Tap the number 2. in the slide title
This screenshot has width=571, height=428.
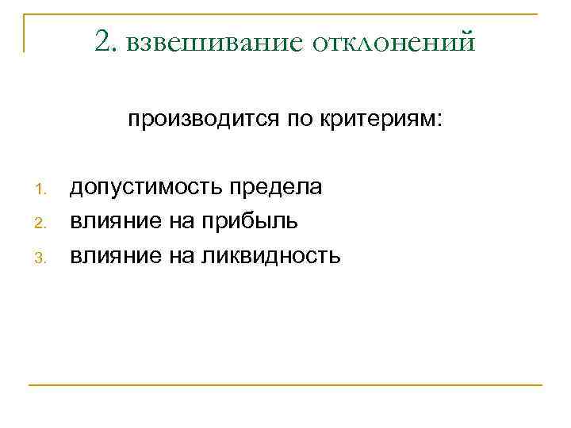(104, 40)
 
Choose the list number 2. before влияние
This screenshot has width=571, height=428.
(45, 224)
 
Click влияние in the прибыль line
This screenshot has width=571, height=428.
(116, 222)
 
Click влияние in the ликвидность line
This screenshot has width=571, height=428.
(116, 256)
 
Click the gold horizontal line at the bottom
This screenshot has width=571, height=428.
(285, 385)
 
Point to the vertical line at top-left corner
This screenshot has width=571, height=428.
(24, 32)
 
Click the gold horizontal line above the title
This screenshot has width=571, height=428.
(285, 13)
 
